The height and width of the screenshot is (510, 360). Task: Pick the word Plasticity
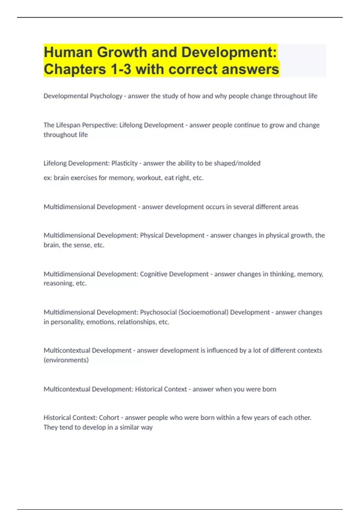point(124,163)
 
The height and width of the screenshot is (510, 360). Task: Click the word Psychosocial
point(158,312)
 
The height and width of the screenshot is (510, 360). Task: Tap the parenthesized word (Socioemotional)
point(203,312)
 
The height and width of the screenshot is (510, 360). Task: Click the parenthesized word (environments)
point(66,360)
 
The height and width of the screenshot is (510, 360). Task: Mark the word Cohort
point(109,418)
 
